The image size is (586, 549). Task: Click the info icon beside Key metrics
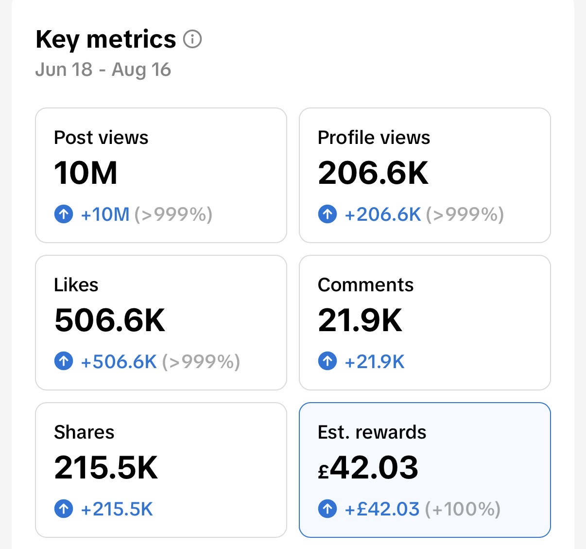point(192,39)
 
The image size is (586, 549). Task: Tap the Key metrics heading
point(106,40)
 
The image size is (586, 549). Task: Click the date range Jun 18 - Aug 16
point(103,70)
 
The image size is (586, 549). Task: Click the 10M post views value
point(86,173)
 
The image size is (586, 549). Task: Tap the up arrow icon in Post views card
point(64,214)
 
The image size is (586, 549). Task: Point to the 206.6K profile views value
point(373,173)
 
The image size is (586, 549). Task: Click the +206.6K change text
point(383,214)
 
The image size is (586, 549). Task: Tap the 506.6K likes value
point(110,320)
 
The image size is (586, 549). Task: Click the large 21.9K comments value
point(360,320)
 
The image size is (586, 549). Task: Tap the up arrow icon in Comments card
point(327,361)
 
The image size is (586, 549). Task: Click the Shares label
point(84,432)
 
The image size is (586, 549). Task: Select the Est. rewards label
point(372,432)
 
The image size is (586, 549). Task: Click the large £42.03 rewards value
point(368,467)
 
